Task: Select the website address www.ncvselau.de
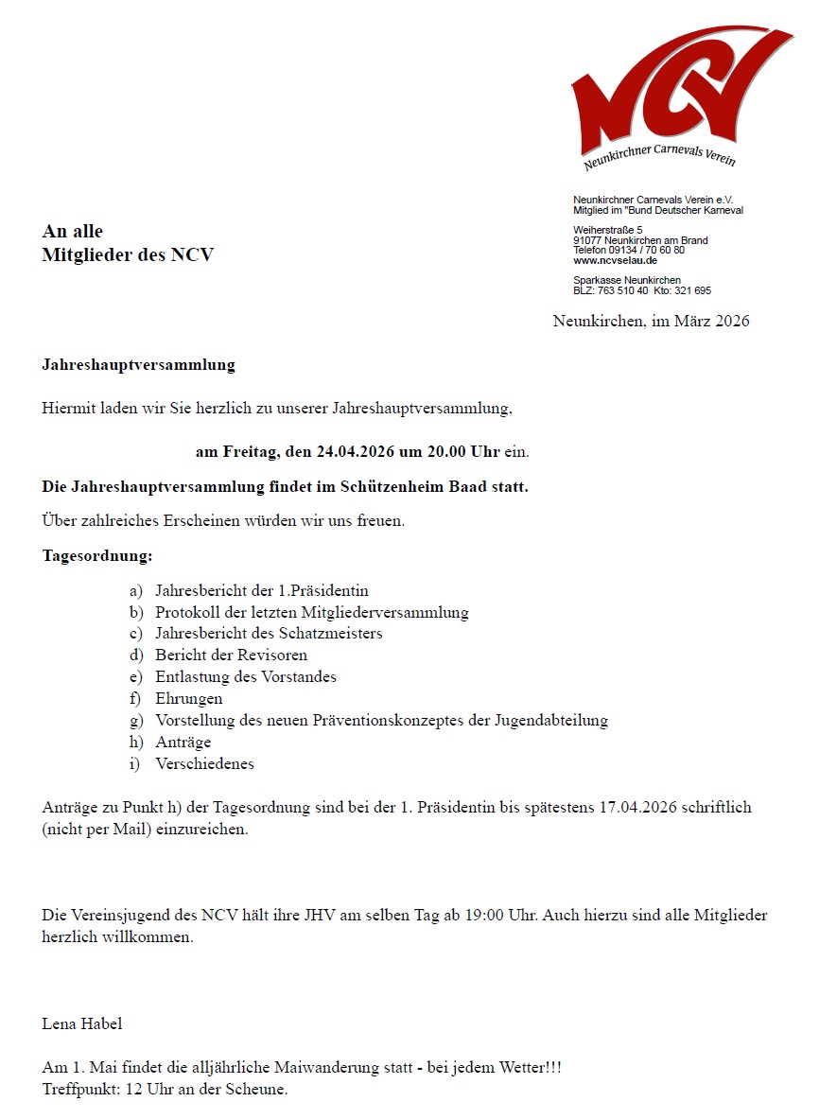click(615, 260)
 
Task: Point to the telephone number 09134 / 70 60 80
click(650, 250)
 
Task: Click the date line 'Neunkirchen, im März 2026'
click(651, 322)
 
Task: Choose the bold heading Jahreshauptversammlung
click(138, 364)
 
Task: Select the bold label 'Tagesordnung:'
click(97, 555)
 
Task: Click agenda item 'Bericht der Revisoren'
click(231, 655)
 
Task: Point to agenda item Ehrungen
click(189, 698)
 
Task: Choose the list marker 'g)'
click(136, 721)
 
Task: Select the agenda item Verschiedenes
click(204, 763)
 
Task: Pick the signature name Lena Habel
click(82, 1023)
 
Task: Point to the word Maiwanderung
click(321, 1068)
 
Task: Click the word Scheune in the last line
click(256, 1089)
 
